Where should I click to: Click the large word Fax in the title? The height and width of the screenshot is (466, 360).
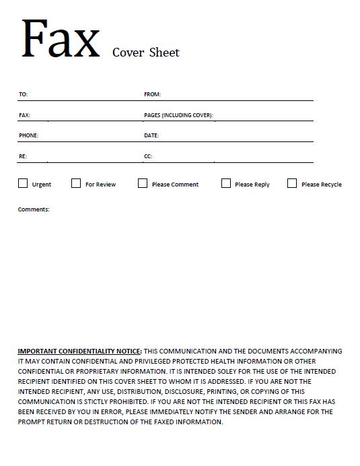[61, 38]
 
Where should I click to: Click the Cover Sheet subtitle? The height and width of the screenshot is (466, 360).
[145, 53]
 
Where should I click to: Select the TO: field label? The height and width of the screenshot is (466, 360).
[23, 94]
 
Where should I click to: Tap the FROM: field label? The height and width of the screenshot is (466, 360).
[152, 94]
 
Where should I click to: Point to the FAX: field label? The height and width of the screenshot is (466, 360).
[24, 115]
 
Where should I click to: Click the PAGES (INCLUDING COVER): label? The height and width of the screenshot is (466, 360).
[178, 115]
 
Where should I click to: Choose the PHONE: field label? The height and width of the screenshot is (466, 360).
[28, 135]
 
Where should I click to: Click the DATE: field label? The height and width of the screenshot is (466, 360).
[151, 135]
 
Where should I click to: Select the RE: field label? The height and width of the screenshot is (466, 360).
[22, 156]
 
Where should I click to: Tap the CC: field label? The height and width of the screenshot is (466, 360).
[148, 156]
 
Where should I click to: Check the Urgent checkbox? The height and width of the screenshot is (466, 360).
[23, 183]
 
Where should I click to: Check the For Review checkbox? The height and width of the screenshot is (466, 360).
[76, 183]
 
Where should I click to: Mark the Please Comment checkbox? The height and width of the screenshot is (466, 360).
[143, 183]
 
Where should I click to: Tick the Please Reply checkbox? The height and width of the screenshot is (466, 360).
[226, 183]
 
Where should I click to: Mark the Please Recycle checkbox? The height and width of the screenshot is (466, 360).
[292, 183]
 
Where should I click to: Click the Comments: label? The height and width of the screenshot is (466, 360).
[34, 209]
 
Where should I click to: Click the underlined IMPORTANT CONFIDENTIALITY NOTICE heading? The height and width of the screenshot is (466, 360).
[79, 351]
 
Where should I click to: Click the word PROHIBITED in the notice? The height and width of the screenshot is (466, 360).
[139, 401]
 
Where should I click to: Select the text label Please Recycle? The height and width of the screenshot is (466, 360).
[321, 185]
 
